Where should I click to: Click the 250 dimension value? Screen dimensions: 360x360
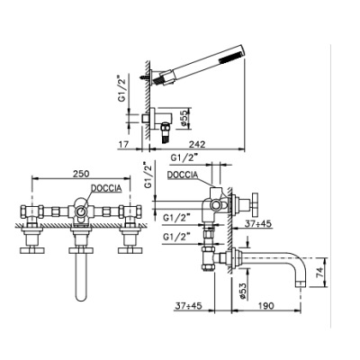point(81,174)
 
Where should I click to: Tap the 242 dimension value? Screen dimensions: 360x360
point(197,144)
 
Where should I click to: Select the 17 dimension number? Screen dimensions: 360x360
point(123,144)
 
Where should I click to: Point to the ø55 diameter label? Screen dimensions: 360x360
point(184,118)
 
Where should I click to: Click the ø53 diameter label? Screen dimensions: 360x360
point(243,291)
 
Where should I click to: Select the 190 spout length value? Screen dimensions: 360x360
point(265,306)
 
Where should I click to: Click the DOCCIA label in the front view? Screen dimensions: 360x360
point(106,188)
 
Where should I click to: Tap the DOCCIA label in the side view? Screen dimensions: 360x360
point(183,175)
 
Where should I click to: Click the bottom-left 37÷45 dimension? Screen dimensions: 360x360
point(188,306)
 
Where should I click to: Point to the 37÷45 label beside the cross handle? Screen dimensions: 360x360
point(258,223)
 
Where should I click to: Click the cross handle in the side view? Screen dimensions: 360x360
point(255,204)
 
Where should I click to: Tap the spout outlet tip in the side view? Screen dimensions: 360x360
point(301,283)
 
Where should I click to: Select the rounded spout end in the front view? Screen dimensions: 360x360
point(81,298)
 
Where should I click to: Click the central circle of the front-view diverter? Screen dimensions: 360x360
point(81,211)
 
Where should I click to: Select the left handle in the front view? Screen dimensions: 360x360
point(31,250)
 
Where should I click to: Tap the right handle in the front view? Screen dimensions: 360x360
point(130,250)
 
